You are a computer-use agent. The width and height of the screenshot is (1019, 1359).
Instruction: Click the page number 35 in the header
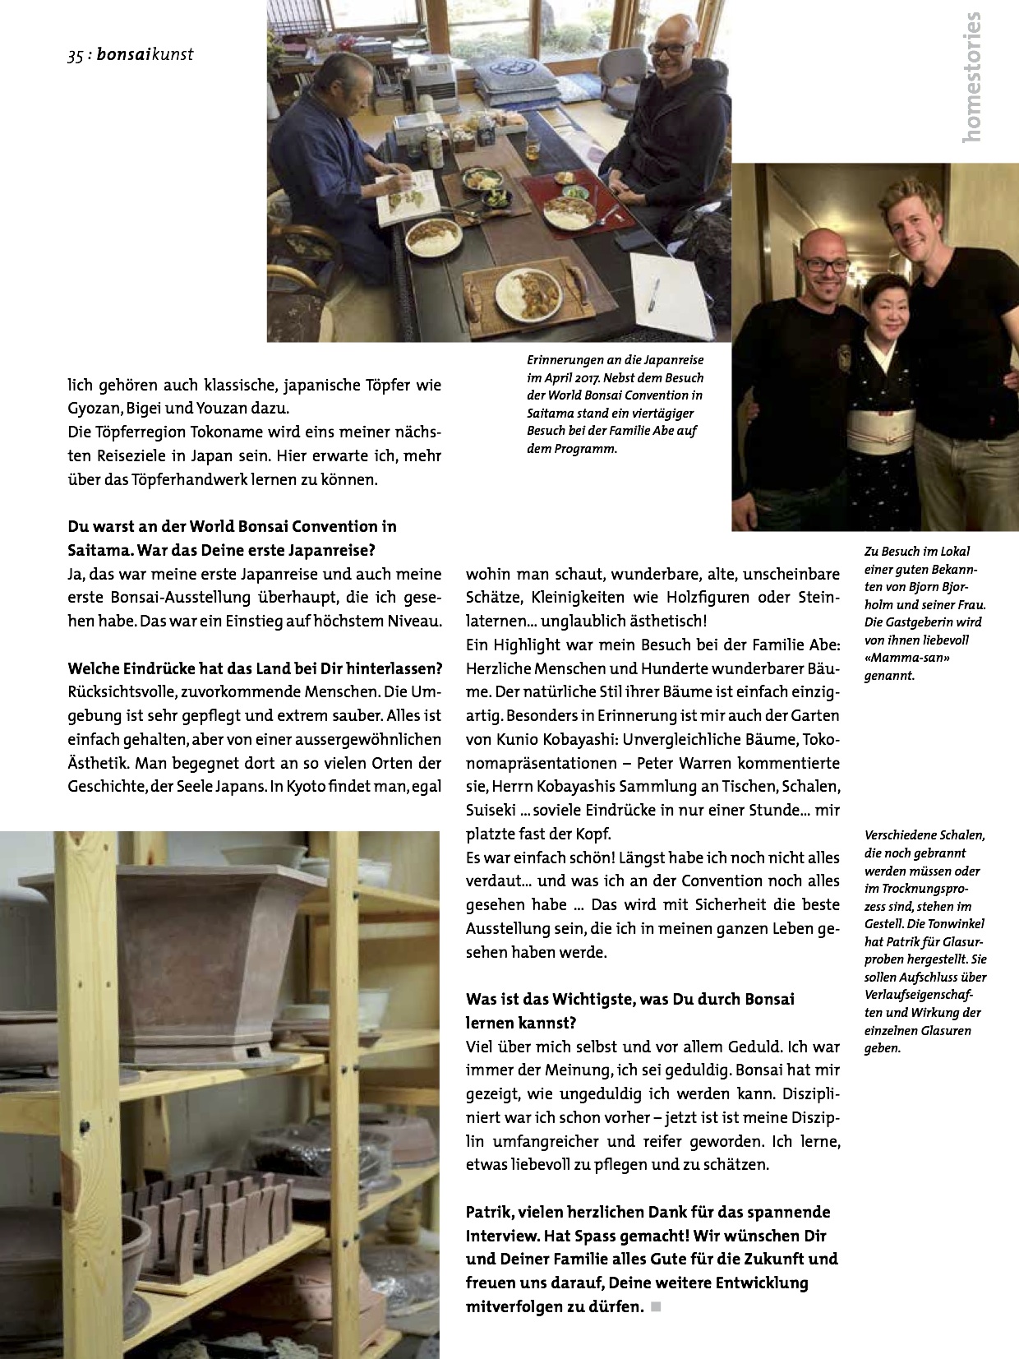click(76, 56)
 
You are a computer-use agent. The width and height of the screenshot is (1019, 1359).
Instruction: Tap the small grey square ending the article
click(656, 1306)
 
